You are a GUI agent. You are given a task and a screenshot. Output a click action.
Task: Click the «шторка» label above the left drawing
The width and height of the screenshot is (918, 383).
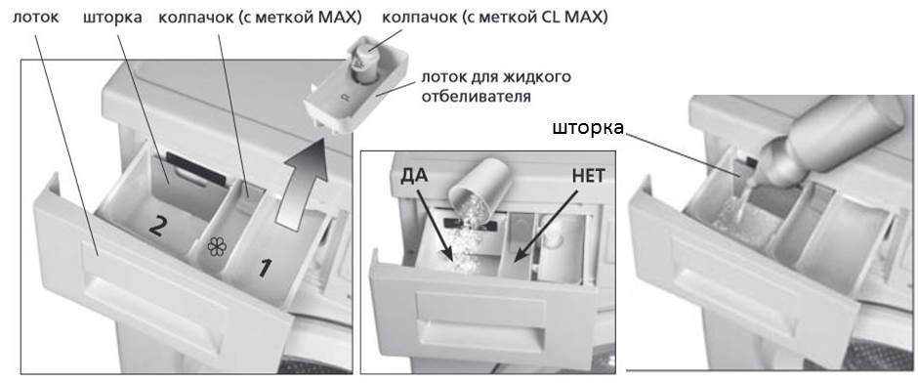pyautogui.click(x=113, y=19)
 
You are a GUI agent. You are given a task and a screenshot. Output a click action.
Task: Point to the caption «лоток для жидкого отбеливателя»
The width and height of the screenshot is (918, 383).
pyautogui.click(x=495, y=87)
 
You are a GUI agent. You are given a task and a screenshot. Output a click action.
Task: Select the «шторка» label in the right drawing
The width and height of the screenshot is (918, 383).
pyautogui.click(x=589, y=129)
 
